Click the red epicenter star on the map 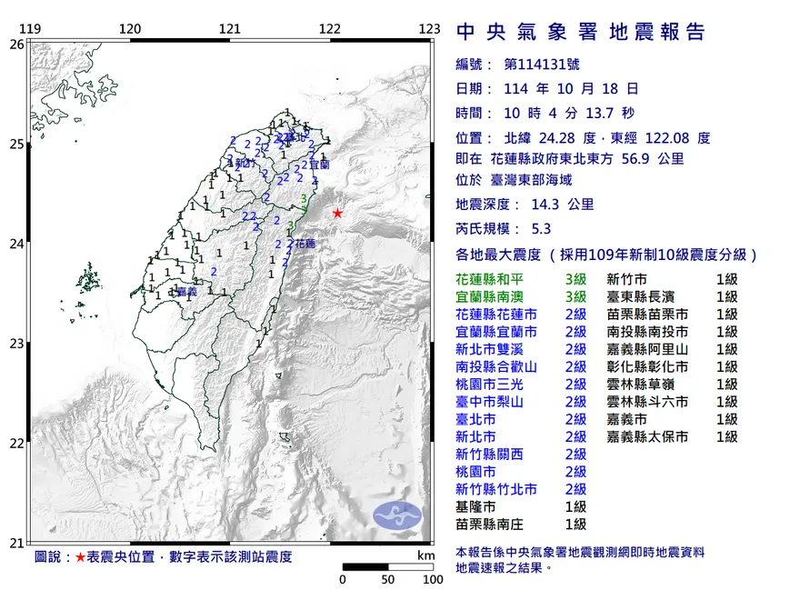click(x=337, y=213)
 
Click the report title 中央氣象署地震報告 click(x=580, y=33)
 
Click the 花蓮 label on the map click(x=305, y=244)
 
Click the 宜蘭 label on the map click(x=318, y=165)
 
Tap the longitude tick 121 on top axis click(x=230, y=29)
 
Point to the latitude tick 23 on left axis click(x=16, y=344)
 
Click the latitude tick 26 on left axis click(x=16, y=44)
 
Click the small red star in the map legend click(x=80, y=556)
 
